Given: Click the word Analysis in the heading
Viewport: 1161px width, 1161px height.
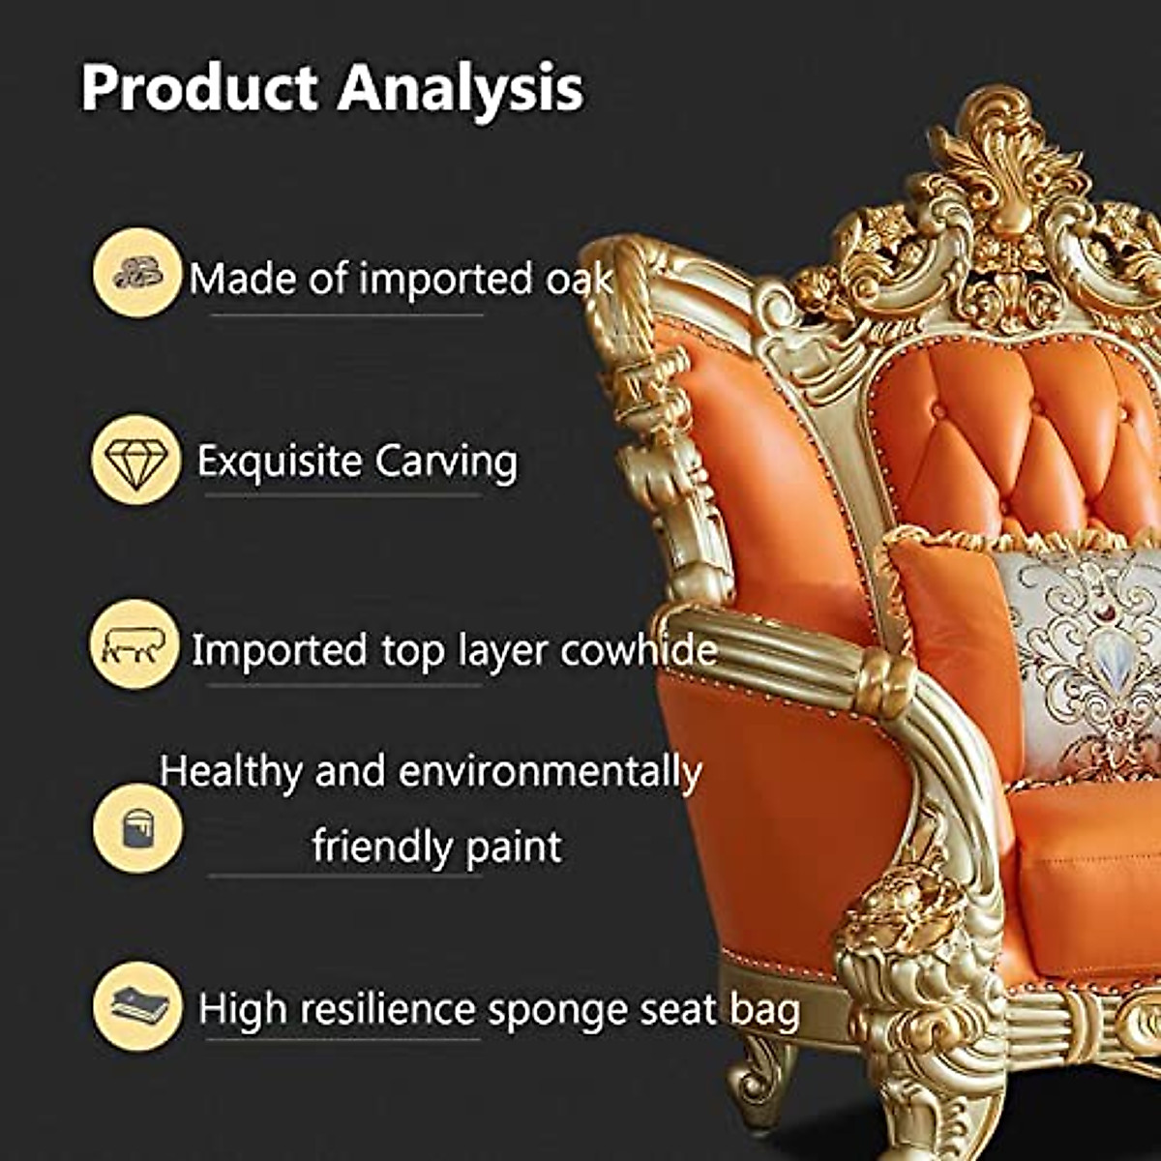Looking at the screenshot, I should tap(461, 89).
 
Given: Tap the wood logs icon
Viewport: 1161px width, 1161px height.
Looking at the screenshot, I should tap(136, 273).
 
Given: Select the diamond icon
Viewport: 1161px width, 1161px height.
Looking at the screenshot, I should tap(136, 461).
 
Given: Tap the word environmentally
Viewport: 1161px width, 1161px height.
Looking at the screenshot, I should tap(550, 772).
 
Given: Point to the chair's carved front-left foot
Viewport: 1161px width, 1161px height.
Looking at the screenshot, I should tap(764, 1074).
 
